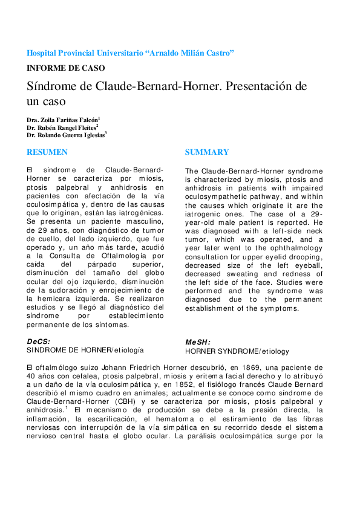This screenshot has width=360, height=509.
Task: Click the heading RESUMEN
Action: point(47,152)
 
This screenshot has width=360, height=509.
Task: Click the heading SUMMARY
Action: point(207,152)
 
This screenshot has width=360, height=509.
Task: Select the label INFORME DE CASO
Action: point(66,68)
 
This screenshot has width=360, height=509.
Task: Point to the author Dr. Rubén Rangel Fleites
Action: point(62,128)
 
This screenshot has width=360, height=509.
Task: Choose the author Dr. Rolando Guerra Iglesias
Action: point(66,136)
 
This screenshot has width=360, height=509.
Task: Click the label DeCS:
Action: point(39,342)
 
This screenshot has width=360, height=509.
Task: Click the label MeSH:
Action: point(198,343)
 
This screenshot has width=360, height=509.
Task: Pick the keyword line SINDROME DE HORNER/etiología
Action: point(85,350)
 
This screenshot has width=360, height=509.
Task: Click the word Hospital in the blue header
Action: point(45,53)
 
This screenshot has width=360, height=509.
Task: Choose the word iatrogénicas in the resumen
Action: point(140,214)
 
